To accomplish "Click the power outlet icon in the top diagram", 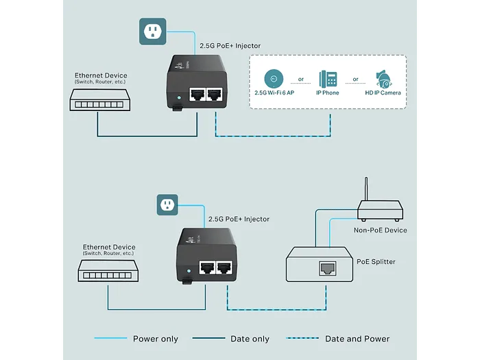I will [152, 31].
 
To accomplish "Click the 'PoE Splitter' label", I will [376, 262].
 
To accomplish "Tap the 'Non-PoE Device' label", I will [380, 230].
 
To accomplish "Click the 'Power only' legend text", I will [155, 339].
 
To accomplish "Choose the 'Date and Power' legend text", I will [357, 339].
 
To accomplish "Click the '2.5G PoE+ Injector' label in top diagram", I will [230, 46].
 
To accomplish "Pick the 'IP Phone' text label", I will [327, 93].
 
